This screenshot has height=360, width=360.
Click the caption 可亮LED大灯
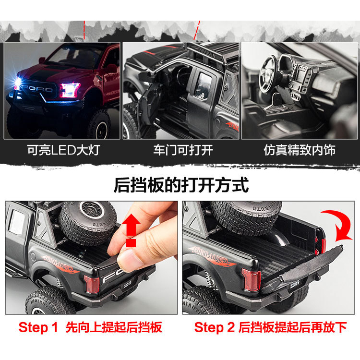[x=63, y=150]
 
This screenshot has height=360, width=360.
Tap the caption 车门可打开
[x=183, y=150]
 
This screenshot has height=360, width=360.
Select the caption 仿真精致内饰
[x=300, y=150]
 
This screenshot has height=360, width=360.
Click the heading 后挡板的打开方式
[x=181, y=185]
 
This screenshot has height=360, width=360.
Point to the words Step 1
[x=38, y=327]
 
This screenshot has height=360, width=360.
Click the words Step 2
[x=214, y=327]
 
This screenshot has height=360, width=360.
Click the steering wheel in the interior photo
[x=269, y=73]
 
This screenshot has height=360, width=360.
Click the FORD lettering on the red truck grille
[x=38, y=89]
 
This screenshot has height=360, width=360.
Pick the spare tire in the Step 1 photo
[x=88, y=222]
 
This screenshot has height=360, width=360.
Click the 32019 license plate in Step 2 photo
[x=295, y=285]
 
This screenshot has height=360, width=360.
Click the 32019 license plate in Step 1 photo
[x=128, y=285]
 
